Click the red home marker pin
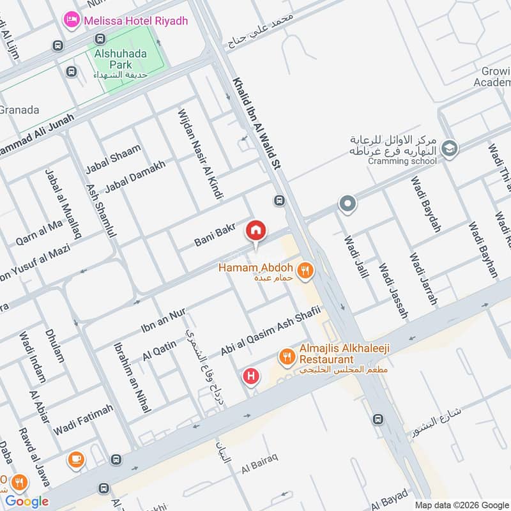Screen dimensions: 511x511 256,230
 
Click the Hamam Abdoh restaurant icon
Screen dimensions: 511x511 306,271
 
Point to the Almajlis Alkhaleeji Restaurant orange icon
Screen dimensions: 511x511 286,356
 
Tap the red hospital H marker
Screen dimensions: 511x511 251,376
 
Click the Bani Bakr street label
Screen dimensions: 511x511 215,236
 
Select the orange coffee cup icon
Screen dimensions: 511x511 76,459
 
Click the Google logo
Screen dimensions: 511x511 27,501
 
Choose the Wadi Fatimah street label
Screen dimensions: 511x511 83,420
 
